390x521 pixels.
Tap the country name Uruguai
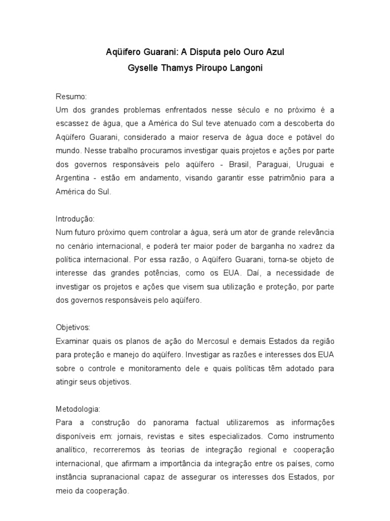311,165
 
